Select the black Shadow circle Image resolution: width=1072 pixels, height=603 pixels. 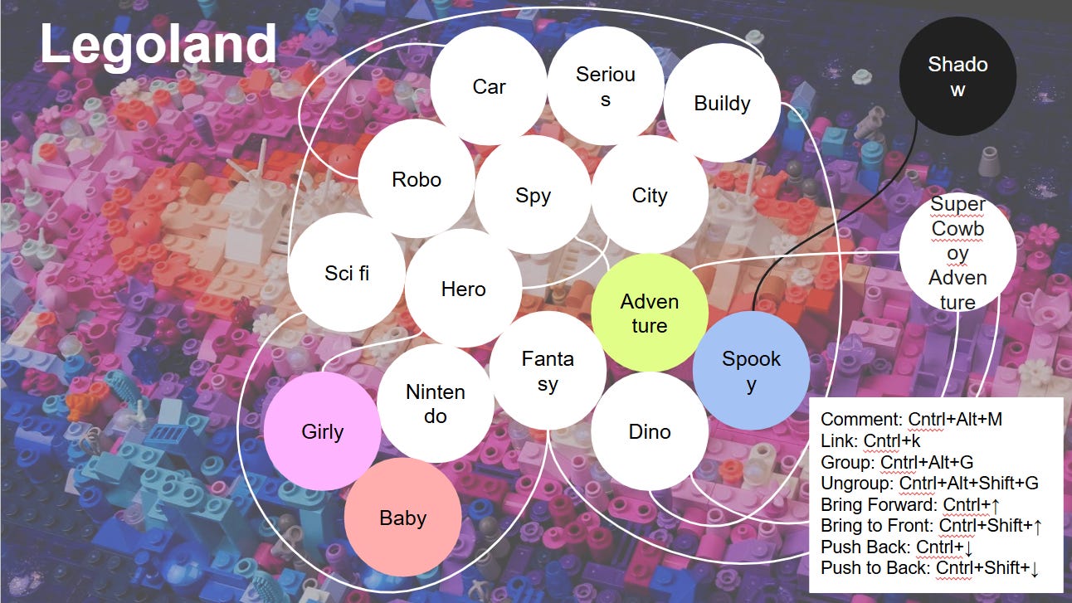click(x=957, y=76)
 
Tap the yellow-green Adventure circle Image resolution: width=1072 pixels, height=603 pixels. click(x=649, y=313)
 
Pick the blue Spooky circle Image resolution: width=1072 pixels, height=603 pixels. click(x=751, y=371)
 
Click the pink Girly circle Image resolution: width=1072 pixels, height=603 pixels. click(x=322, y=431)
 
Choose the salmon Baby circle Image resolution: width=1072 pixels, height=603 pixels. click(x=402, y=518)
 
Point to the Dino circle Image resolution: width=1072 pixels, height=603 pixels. click(x=649, y=431)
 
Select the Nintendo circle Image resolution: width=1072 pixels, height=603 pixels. click(x=435, y=403)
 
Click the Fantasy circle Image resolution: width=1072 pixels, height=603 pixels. click(x=547, y=371)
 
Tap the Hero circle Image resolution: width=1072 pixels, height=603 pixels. click(x=463, y=289)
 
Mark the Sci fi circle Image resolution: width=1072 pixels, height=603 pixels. click(x=346, y=273)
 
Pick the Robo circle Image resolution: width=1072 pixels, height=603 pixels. click(x=416, y=179)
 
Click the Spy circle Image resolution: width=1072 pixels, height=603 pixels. click(x=533, y=196)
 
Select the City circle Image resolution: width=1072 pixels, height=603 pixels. click(x=649, y=196)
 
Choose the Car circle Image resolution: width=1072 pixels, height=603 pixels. click(x=489, y=86)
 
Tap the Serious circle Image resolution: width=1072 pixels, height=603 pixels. click(x=605, y=86)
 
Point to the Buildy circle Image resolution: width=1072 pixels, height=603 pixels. click(x=722, y=104)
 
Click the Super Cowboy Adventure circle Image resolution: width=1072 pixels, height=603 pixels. click(x=957, y=252)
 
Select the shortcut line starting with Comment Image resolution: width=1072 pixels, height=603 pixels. click(x=911, y=419)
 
